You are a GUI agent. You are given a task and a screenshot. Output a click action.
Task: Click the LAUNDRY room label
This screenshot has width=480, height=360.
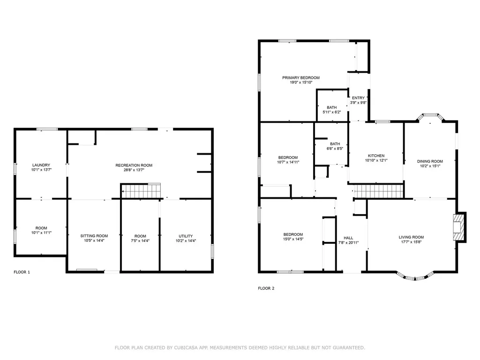click(41, 165)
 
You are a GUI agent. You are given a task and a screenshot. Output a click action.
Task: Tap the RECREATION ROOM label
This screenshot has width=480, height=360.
click(134, 165)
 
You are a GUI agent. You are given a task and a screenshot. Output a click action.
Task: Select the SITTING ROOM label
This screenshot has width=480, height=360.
click(94, 236)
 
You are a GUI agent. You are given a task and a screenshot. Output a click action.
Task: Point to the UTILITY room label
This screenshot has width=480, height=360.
click(186, 236)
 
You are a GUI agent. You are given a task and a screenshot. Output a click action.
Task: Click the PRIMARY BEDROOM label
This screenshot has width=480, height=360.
click(301, 78)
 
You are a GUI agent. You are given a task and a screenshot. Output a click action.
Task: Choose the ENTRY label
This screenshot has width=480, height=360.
click(359, 98)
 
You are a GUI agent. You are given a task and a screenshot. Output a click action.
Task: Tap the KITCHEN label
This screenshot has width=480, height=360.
click(376, 156)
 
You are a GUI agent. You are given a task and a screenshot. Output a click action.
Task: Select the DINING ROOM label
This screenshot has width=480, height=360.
click(430, 161)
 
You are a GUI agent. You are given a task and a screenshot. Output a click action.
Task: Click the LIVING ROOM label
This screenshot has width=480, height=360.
click(411, 237)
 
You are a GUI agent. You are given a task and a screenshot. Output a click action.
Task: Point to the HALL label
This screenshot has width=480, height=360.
click(348, 238)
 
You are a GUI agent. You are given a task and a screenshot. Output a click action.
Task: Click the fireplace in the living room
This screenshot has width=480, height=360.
click(459, 227)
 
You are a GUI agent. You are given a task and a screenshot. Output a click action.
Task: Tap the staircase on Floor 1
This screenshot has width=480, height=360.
click(141, 191)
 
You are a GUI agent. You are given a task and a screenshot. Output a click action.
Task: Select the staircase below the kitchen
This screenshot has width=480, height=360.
click(379, 191)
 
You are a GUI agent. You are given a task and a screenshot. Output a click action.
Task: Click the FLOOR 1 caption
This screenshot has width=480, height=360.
click(22, 272)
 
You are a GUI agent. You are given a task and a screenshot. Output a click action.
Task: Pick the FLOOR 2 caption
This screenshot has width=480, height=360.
click(266, 288)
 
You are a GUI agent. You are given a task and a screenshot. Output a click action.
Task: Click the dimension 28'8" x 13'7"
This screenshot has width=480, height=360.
click(134, 170)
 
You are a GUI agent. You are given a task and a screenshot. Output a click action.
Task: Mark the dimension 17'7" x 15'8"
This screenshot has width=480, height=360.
click(411, 242)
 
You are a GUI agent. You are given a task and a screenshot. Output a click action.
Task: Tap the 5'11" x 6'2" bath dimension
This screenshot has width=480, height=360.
click(331, 112)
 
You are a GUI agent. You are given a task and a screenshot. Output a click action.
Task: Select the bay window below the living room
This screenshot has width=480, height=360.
click(415, 276)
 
